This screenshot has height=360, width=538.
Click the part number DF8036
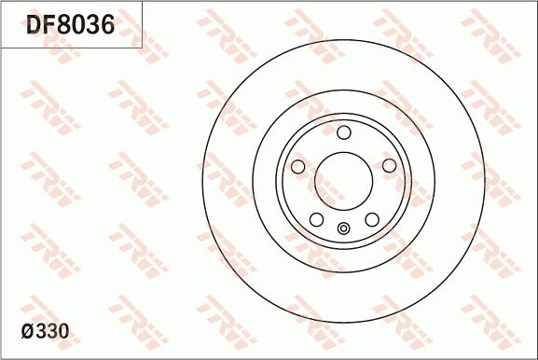70,25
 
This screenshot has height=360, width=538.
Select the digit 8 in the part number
70,25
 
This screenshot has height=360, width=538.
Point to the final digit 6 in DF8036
105,25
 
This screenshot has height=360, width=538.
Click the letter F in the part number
52,25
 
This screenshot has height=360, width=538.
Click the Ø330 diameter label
45,331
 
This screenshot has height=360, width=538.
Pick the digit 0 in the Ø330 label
62,331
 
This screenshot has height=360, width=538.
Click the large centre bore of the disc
343,180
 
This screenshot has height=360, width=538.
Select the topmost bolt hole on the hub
343,132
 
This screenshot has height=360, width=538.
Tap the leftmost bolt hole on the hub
298,166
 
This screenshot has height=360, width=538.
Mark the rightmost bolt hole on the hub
389,166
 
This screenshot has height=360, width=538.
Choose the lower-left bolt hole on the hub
316,219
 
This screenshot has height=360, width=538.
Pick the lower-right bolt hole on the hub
371,219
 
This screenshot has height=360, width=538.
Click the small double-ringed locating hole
343,229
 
